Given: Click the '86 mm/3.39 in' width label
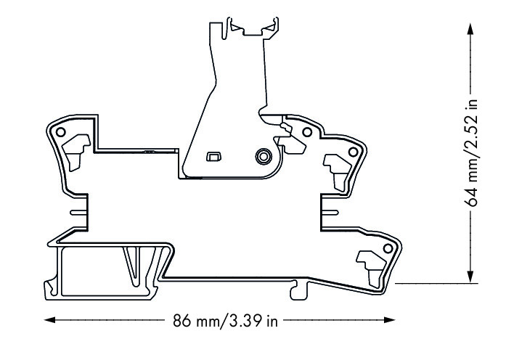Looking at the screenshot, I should coord(225,320).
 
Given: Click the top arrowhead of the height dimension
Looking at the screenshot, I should coord(473,25).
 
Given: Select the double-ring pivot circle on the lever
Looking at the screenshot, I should coord(262,155).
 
